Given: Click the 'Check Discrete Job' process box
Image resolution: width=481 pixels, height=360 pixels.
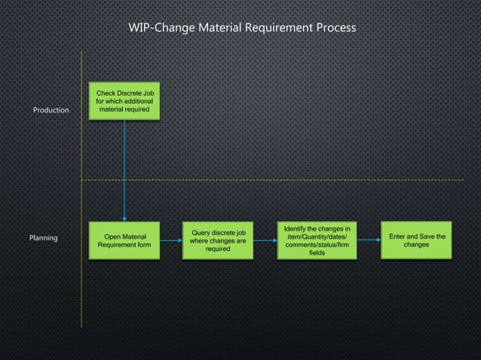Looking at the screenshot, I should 124,101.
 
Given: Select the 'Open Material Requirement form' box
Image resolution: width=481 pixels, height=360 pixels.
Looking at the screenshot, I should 124,240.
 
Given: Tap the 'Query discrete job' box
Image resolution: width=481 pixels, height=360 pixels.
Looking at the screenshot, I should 219,240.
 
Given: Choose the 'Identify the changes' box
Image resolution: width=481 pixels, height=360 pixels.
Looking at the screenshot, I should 317,240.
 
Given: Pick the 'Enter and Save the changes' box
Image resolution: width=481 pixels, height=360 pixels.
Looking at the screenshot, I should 416,240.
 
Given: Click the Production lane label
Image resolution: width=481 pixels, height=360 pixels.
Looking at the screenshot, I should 51,111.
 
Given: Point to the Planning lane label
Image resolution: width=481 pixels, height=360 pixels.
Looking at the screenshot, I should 43,238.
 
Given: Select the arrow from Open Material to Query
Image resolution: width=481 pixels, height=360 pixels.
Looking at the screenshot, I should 171,240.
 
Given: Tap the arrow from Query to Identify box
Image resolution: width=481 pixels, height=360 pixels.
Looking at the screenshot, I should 265,240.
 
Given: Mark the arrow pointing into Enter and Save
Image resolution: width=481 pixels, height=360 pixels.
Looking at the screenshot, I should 368,240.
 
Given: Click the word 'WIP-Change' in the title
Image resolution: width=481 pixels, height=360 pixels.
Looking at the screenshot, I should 161,28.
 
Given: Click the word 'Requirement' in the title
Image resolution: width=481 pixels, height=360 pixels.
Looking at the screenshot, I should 279,28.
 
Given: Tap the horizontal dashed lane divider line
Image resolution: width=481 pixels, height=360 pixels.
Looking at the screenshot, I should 302,180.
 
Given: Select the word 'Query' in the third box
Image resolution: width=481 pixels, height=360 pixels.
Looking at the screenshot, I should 203,233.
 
